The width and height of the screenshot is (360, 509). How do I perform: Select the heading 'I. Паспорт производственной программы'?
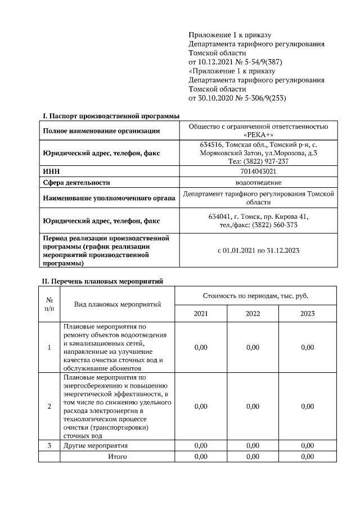coord(111,116)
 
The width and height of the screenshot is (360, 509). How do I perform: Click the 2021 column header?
coord(201,313)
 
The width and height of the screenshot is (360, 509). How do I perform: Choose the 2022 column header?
coord(253,313)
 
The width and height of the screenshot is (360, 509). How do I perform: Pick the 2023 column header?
coord(307,313)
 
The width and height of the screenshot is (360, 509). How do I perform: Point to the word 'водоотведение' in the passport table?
coord(258,182)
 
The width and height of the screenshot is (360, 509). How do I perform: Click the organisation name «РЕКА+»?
coord(258,136)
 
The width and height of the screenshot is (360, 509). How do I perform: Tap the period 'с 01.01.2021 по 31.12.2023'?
coord(258,250)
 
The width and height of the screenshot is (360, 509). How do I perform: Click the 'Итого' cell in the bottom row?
coord(118,456)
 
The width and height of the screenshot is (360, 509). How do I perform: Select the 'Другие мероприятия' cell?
coord(96,445)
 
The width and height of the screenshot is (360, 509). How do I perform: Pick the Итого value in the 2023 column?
coord(307,456)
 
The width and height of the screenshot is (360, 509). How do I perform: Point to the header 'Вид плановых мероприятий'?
coord(118,304)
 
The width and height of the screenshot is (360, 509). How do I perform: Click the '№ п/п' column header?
coord(49,304)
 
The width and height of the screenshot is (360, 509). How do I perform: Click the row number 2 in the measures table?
coord(49,407)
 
